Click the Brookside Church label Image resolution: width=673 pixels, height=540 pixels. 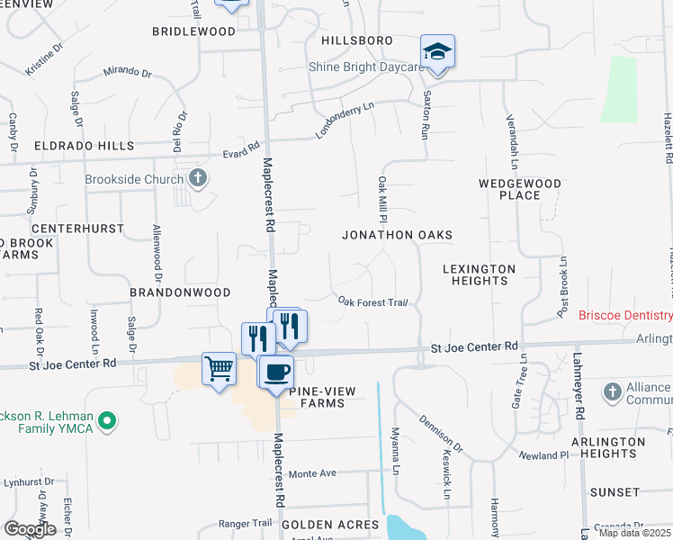(134, 179)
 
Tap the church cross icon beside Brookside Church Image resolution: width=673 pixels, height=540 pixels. (198, 178)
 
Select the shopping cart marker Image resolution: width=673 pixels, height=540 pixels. (219, 369)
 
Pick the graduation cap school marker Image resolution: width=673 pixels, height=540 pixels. (437, 52)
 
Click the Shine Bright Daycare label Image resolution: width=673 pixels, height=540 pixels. (365, 67)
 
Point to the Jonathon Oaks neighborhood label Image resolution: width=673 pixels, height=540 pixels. (396, 235)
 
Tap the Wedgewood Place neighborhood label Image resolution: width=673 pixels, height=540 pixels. (520, 189)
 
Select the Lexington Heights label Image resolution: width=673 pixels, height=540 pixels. (480, 274)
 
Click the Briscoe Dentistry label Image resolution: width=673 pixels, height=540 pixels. (625, 316)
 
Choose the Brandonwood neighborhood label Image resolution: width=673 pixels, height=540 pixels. (180, 293)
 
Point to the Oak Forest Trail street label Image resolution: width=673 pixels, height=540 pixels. (373, 302)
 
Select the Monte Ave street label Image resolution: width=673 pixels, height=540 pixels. (311, 473)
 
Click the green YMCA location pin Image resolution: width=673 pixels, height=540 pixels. (107, 420)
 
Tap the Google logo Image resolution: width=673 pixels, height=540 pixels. (30, 529)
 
